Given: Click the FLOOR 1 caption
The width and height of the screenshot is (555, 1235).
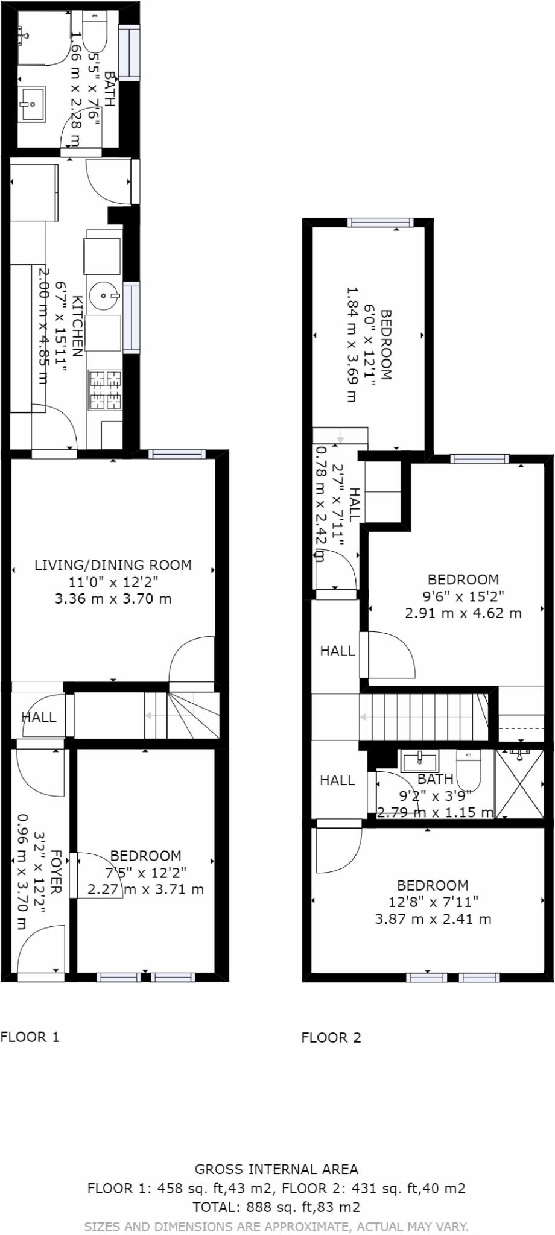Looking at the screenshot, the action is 30,1037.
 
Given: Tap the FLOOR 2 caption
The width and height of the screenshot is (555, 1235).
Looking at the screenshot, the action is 331,1037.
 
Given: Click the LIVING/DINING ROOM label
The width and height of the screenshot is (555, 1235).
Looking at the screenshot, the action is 113,565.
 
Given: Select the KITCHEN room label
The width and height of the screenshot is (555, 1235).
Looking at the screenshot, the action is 77,326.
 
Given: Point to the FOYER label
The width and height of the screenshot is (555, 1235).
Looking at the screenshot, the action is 56,872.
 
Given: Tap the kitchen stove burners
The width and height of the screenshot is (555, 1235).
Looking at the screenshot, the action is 106,390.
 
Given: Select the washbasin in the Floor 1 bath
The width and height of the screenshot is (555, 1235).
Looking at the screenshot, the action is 32,104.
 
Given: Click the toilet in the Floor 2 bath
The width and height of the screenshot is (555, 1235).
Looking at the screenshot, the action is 469,769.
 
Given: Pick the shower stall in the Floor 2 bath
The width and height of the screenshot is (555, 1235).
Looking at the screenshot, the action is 519,783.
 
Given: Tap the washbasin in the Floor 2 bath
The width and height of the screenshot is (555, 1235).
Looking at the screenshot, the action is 419,760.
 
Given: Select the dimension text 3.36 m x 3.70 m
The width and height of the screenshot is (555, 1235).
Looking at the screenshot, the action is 113,599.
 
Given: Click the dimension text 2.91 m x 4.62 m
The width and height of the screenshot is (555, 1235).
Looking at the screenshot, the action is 463,613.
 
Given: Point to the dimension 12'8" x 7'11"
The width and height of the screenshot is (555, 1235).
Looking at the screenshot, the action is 433,902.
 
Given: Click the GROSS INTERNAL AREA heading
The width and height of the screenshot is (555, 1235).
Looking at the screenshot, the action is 276,1169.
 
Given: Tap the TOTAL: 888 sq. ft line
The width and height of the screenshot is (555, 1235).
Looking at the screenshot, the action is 276,1207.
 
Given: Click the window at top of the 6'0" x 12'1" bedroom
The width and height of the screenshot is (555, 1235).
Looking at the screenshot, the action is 380,223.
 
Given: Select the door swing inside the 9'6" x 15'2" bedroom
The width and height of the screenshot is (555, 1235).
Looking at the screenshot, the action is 391,654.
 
